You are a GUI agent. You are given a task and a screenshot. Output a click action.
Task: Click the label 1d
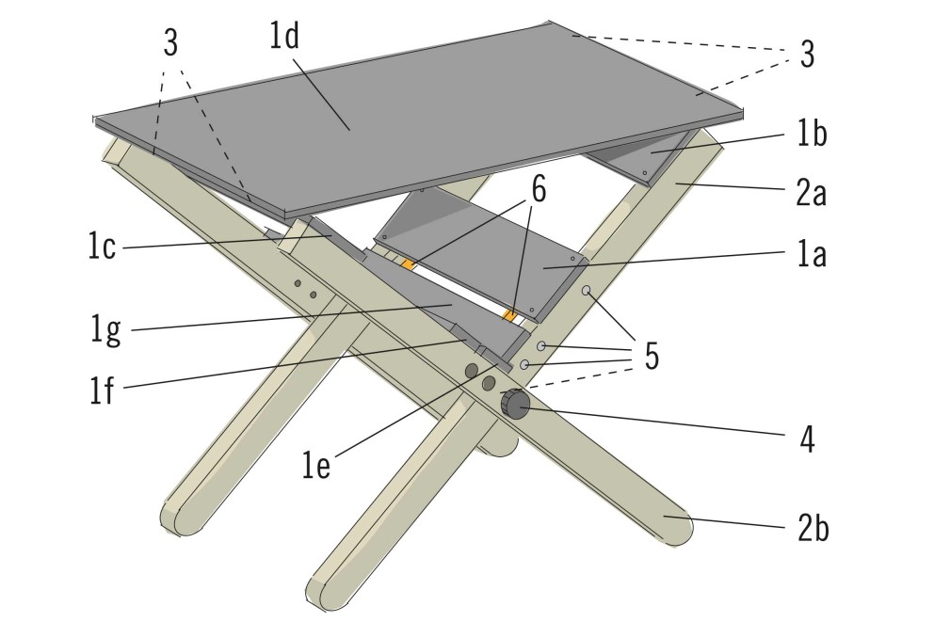click(283, 36)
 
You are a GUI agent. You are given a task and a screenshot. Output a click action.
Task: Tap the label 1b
click(812, 134)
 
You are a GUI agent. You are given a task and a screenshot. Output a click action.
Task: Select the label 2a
click(812, 193)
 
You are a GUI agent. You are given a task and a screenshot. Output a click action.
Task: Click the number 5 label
click(652, 357)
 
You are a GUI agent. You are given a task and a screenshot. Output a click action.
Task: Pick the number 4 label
click(807, 439)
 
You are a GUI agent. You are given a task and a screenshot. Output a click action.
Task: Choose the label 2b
click(813, 528)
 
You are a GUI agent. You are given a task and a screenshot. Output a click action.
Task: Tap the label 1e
click(315, 466)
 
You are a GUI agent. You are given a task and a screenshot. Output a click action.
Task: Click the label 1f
click(102, 391)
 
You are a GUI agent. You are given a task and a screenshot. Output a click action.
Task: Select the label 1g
click(105, 330)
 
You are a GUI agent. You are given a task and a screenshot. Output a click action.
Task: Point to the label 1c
click(102, 246)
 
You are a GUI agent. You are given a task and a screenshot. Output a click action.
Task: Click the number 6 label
click(538, 190)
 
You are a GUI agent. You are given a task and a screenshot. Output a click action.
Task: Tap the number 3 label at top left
click(170, 43)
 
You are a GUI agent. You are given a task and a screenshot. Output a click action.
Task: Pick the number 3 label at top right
click(807, 54)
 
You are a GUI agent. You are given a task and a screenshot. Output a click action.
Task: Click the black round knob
click(515, 404)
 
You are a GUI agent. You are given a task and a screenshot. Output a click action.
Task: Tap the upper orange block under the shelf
click(408, 264)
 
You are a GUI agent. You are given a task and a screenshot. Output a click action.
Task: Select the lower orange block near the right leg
click(509, 314)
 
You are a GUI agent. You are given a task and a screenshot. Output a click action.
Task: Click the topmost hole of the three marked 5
click(587, 291)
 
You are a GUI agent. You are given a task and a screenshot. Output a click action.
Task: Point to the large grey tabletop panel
click(417, 120)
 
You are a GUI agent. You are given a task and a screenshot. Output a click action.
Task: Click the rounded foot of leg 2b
click(676, 526)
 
